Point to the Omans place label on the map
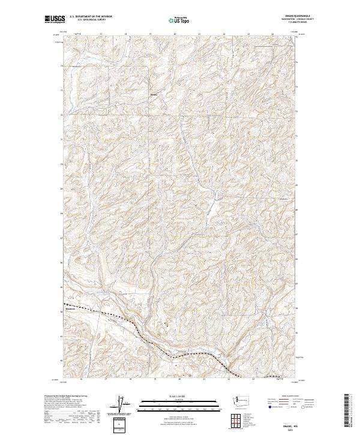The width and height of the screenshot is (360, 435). (154, 94)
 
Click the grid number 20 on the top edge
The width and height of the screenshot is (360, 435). (175, 34)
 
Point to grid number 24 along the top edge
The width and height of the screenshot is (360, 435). (273, 34)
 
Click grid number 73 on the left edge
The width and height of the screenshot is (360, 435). (61, 88)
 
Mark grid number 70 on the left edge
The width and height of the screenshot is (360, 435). (61, 163)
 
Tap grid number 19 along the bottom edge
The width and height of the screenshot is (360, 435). (155, 379)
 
